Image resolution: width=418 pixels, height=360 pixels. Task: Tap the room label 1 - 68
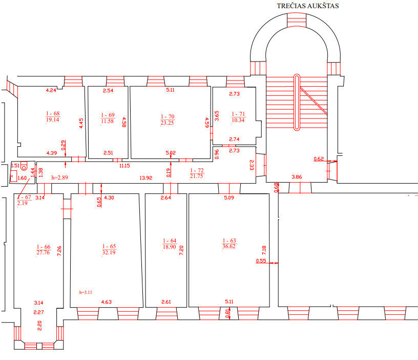coord(52,113)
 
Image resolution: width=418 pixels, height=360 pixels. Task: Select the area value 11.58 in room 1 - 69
coord(108,121)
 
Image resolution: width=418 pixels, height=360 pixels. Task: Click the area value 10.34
coord(238,120)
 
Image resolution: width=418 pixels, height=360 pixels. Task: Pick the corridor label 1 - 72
coord(197,170)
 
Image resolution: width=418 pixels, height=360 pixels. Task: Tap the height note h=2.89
coord(60,177)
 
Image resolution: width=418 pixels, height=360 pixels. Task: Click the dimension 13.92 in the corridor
coord(147,177)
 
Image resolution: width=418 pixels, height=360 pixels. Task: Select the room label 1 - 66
coord(44,246)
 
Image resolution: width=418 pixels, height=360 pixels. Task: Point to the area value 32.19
coord(109,252)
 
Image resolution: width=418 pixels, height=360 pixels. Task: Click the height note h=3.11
coord(86,292)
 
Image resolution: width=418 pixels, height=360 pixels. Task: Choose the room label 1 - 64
coord(169,241)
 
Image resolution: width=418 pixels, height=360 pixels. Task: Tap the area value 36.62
coord(229,247)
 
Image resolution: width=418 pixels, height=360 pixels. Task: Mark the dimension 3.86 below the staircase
coord(297,177)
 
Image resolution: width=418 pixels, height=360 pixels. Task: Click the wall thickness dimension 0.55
coord(261,261)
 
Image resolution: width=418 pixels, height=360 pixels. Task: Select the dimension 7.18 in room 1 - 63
coord(264,251)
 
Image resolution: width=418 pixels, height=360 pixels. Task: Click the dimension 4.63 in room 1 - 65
coord(107,302)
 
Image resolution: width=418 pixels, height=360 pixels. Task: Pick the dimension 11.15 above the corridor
coord(124,166)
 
